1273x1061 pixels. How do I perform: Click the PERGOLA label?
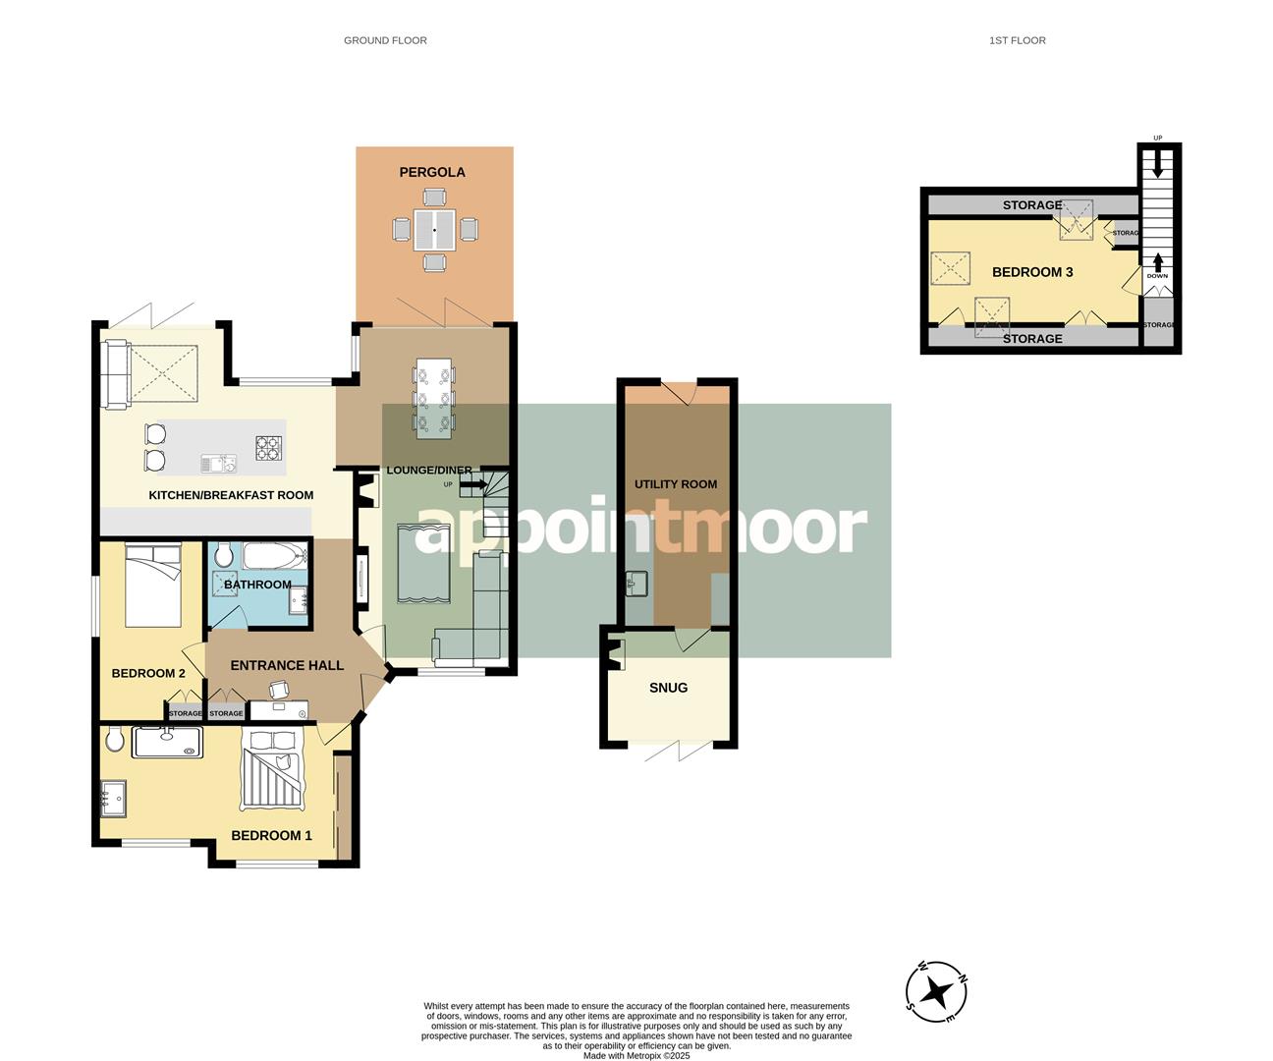(432, 172)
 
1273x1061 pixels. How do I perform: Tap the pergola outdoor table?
(434, 230)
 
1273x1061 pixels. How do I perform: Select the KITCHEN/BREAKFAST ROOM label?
(231, 495)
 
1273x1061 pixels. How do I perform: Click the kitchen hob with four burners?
(269, 448)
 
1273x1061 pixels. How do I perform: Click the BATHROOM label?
(257, 585)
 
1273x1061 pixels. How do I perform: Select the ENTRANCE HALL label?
(287, 665)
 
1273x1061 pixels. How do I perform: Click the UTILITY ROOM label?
(676, 484)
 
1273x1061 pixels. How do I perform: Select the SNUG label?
(669, 688)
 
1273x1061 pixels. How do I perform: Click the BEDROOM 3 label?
(1032, 272)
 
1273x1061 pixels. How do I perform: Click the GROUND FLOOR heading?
(385, 40)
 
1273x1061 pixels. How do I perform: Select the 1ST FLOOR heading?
(1018, 40)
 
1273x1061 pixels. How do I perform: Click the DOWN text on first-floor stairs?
(1157, 276)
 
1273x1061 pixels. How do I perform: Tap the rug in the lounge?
(423, 564)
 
